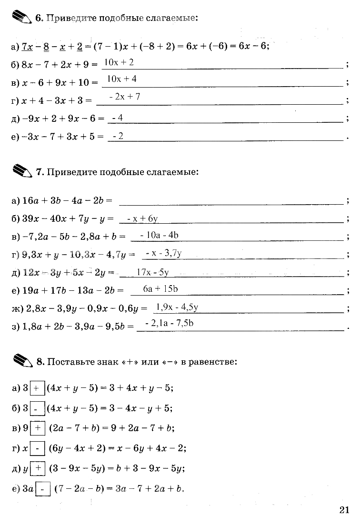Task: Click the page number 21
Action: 344,510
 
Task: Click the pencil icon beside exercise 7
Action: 22,171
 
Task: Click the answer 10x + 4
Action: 122,79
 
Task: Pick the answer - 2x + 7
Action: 124,97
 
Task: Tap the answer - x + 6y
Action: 142,219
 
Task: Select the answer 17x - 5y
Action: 152,272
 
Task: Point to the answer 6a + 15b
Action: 160,289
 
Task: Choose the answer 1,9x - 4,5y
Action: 177,307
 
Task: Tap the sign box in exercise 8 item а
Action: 37,388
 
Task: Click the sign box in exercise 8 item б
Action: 37,408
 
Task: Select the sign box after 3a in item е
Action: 43,489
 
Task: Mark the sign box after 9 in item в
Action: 38,428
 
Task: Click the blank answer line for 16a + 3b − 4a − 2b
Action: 231,201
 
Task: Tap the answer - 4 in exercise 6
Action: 117,118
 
